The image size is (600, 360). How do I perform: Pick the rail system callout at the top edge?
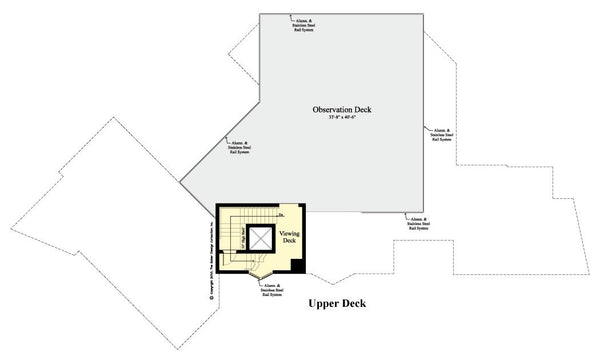point(306,24)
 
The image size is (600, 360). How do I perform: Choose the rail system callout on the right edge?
point(443,135)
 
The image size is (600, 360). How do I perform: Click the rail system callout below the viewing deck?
point(274,290)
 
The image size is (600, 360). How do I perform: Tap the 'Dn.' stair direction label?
point(283,215)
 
